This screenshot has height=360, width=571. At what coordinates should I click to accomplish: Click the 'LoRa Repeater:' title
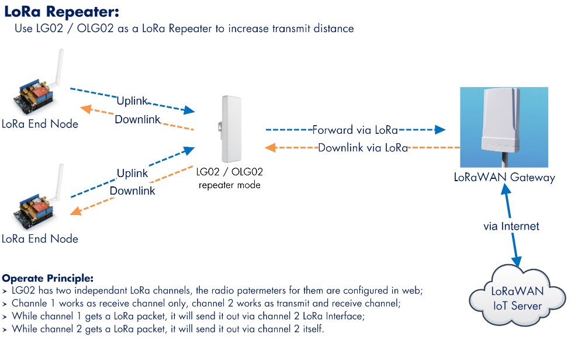tap(61, 12)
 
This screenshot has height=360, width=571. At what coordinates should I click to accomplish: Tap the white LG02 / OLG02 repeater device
tap(231, 129)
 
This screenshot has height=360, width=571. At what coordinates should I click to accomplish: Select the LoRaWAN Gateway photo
tap(504, 127)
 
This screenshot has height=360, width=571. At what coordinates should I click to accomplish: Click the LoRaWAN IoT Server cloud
tap(517, 296)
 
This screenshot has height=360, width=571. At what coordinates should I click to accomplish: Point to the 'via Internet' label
tap(511, 226)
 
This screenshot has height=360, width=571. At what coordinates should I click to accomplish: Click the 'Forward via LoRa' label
tap(355, 130)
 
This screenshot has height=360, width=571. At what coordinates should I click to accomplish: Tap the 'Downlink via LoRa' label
tap(363, 147)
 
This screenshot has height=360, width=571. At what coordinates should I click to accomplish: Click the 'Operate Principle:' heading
tap(48, 278)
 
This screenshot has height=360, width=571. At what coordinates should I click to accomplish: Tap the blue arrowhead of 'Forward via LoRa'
tap(440, 130)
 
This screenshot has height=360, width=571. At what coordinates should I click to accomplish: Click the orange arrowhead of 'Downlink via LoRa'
tap(270, 147)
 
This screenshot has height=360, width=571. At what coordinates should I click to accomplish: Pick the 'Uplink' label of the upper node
tap(132, 101)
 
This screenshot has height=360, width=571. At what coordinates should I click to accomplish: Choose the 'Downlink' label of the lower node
tap(133, 191)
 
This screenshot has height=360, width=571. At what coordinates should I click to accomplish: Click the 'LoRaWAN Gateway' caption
tap(504, 177)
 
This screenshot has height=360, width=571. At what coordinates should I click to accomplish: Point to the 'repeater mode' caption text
tap(230, 185)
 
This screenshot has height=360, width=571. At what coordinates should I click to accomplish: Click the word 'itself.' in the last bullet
tap(313, 328)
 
